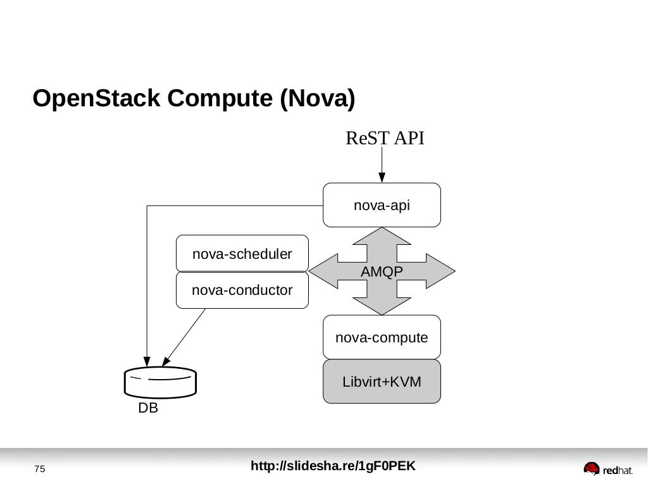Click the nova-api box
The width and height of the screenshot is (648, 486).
point(382,205)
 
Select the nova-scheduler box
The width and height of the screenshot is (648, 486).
point(242,254)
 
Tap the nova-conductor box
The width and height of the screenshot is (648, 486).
point(242,290)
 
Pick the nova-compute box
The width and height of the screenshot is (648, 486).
point(382,338)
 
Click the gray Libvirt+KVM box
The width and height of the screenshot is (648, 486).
point(382,382)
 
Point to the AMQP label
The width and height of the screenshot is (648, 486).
point(382,272)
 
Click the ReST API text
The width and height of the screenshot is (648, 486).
point(385,138)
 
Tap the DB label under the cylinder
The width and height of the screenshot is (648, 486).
point(148,409)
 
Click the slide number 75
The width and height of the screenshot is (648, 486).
point(40,469)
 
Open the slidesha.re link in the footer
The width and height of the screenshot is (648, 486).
point(333,466)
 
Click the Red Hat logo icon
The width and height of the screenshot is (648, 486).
point(591,468)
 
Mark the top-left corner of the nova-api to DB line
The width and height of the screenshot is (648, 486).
point(147,206)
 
